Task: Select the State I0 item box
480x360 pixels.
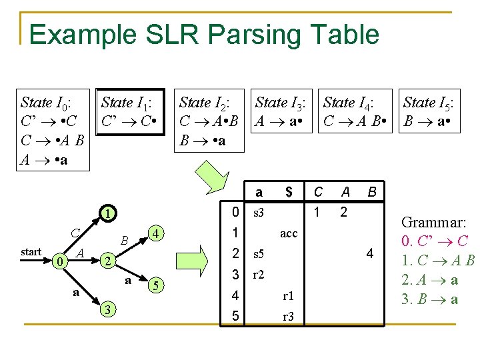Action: [x=53, y=130]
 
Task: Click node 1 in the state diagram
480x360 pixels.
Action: [x=106, y=215]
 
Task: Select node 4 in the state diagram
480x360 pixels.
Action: [x=155, y=234]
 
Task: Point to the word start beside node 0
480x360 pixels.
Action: [x=31, y=252]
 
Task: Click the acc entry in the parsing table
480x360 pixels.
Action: [x=289, y=234]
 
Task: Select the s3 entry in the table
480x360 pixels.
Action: [x=258, y=213]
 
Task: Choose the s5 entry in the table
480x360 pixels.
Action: [x=258, y=254]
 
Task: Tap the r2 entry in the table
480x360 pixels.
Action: [x=258, y=275]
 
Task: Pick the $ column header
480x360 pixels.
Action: [x=289, y=193]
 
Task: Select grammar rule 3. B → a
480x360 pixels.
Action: [x=430, y=298]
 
